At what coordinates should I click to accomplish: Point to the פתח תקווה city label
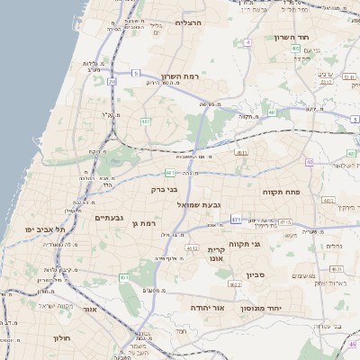tap(281, 192)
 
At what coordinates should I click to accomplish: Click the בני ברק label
tap(164, 190)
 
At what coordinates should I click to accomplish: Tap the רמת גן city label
tap(144, 222)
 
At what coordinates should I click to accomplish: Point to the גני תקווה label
tap(269, 243)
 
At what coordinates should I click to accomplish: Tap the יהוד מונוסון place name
tap(262, 308)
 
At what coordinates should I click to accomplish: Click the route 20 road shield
tap(112, 82)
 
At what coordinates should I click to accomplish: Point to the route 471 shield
tap(236, 219)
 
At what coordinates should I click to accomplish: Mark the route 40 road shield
tap(310, 163)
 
